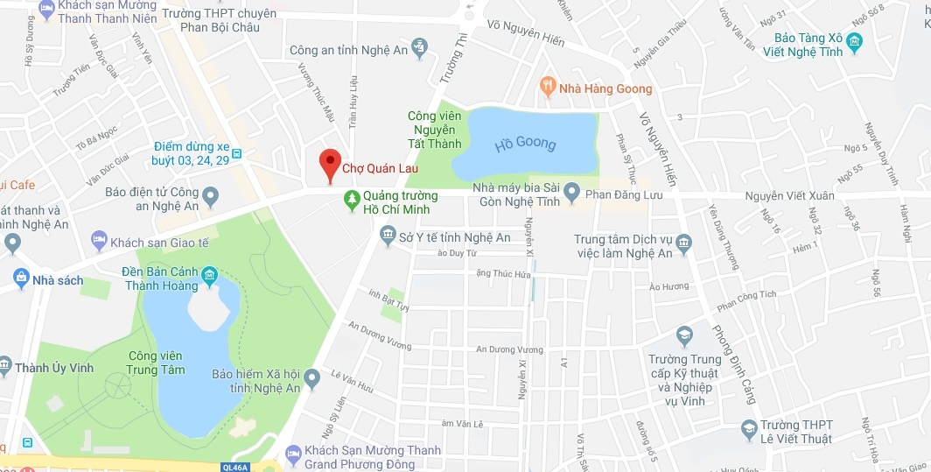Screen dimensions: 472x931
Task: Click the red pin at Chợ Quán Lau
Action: click(329, 164)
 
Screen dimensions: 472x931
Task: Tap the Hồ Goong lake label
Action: click(525, 144)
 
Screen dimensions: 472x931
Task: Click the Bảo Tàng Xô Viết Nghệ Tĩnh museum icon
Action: click(854, 41)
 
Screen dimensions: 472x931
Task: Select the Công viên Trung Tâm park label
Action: click(155, 363)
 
